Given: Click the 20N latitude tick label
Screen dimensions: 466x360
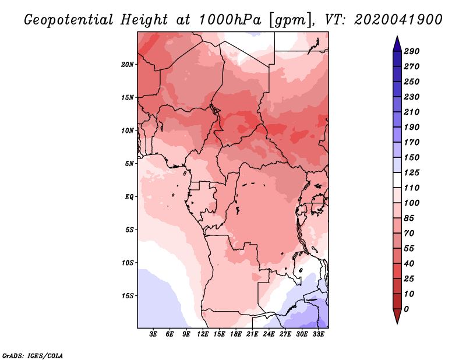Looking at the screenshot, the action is pyautogui.click(x=128, y=65).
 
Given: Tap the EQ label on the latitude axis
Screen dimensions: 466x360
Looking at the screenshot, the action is pyautogui.click(x=129, y=197).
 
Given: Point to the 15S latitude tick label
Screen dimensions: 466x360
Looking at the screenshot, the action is pyautogui.click(x=128, y=296).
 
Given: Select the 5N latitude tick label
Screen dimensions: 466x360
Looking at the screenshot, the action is pyautogui.click(x=129, y=164).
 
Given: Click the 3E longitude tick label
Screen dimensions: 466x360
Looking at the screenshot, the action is pyautogui.click(x=153, y=334).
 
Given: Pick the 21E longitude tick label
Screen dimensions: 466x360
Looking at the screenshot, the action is pyautogui.click(x=252, y=334).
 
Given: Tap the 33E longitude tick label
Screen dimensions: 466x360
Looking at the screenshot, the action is pyautogui.click(x=318, y=334).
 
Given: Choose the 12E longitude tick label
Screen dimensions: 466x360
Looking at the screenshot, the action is pyautogui.click(x=202, y=334).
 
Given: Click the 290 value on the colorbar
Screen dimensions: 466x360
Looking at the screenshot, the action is pyautogui.click(x=412, y=51).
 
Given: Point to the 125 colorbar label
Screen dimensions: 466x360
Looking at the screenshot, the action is pyautogui.click(x=412, y=172).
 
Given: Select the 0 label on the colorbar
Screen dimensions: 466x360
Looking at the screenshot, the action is pyautogui.click(x=406, y=309).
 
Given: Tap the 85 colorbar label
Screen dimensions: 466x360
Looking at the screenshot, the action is pyautogui.click(x=409, y=218).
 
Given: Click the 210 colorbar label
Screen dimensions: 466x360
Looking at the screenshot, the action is pyautogui.click(x=412, y=112).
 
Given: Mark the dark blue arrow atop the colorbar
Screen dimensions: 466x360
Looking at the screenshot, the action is pyautogui.click(x=397, y=44).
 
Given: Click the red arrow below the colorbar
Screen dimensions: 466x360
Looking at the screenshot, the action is pyautogui.click(x=397, y=316).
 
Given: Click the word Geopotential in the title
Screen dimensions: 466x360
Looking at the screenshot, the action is pyautogui.click(x=69, y=20).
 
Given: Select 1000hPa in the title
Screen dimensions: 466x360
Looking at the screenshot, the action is pyautogui.click(x=230, y=20).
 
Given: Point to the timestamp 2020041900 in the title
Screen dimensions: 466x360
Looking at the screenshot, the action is pyautogui.click(x=398, y=20).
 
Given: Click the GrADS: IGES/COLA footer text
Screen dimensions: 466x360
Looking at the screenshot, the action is pyautogui.click(x=33, y=356).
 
